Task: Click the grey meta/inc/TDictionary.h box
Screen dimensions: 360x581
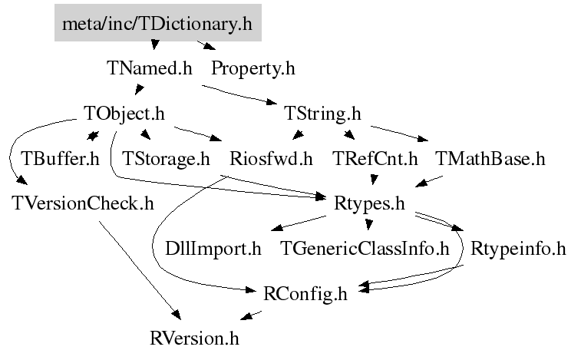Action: click(x=157, y=24)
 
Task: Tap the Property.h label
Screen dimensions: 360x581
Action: click(x=253, y=68)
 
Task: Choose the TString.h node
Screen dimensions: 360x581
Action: click(x=322, y=114)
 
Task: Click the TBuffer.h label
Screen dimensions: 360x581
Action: click(x=60, y=160)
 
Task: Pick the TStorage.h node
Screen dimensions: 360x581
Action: click(x=166, y=160)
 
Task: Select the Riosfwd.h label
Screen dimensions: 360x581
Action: click(x=272, y=160)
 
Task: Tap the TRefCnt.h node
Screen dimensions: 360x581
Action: click(x=375, y=160)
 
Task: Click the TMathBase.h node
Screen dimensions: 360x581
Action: click(x=490, y=160)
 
